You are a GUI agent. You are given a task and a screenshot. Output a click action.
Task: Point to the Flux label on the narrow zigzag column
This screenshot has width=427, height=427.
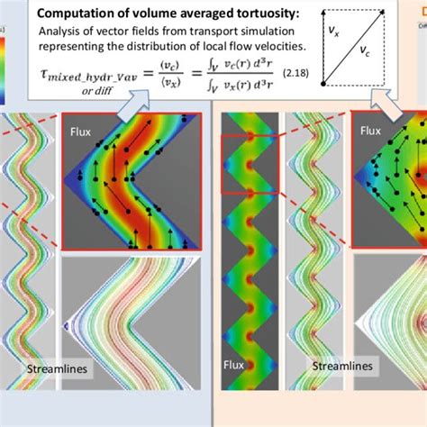click(x=234, y=365)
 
